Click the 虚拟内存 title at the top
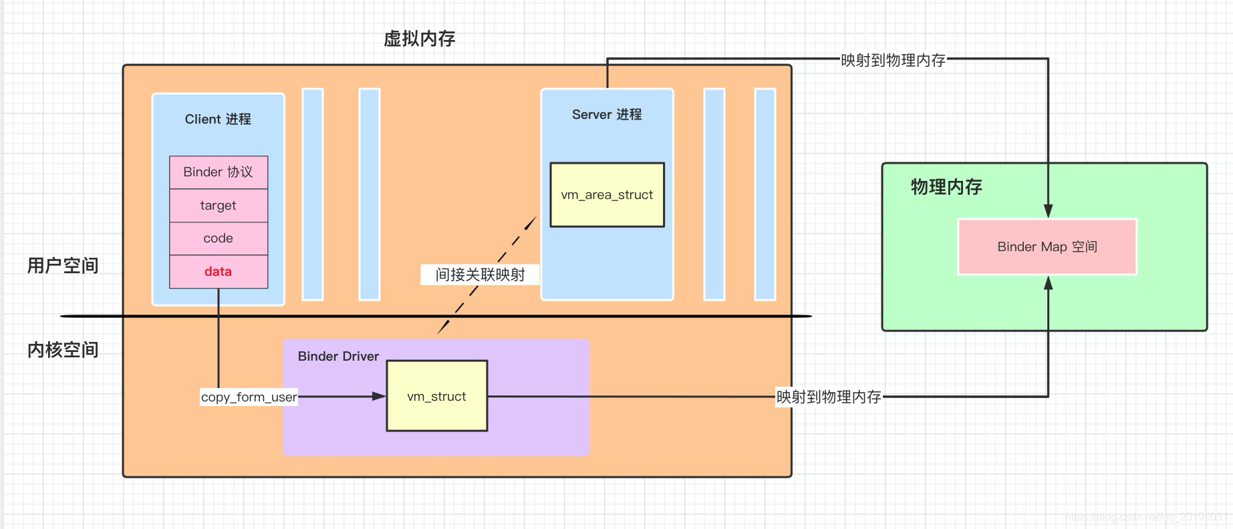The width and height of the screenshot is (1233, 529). (x=419, y=39)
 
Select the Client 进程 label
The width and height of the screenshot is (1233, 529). (x=218, y=119)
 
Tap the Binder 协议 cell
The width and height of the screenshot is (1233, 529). (x=218, y=172)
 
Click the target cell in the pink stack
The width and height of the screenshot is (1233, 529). (x=218, y=206)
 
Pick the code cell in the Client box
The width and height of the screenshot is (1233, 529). (x=218, y=238)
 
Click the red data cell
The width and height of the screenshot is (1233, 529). (x=218, y=272)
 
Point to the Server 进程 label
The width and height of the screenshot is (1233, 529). (x=606, y=114)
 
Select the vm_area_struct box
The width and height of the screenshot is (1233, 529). (x=607, y=195)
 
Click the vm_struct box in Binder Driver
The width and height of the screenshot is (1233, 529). (x=436, y=396)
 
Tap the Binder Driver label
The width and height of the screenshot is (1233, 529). (x=338, y=356)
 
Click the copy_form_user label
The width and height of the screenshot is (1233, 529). (x=249, y=397)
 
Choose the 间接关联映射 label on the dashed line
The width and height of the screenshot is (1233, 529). (x=480, y=275)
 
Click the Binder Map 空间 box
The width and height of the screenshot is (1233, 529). (x=1047, y=246)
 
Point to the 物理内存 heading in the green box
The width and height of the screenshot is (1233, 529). (x=946, y=186)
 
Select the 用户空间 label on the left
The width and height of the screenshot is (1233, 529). (x=63, y=265)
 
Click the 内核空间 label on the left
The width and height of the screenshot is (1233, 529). (x=63, y=349)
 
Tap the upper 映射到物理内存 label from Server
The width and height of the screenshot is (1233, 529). (x=893, y=60)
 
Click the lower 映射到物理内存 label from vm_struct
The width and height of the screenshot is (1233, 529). (x=829, y=397)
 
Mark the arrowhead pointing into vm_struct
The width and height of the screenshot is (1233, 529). (x=379, y=396)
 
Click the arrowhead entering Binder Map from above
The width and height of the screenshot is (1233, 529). (x=1048, y=211)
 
